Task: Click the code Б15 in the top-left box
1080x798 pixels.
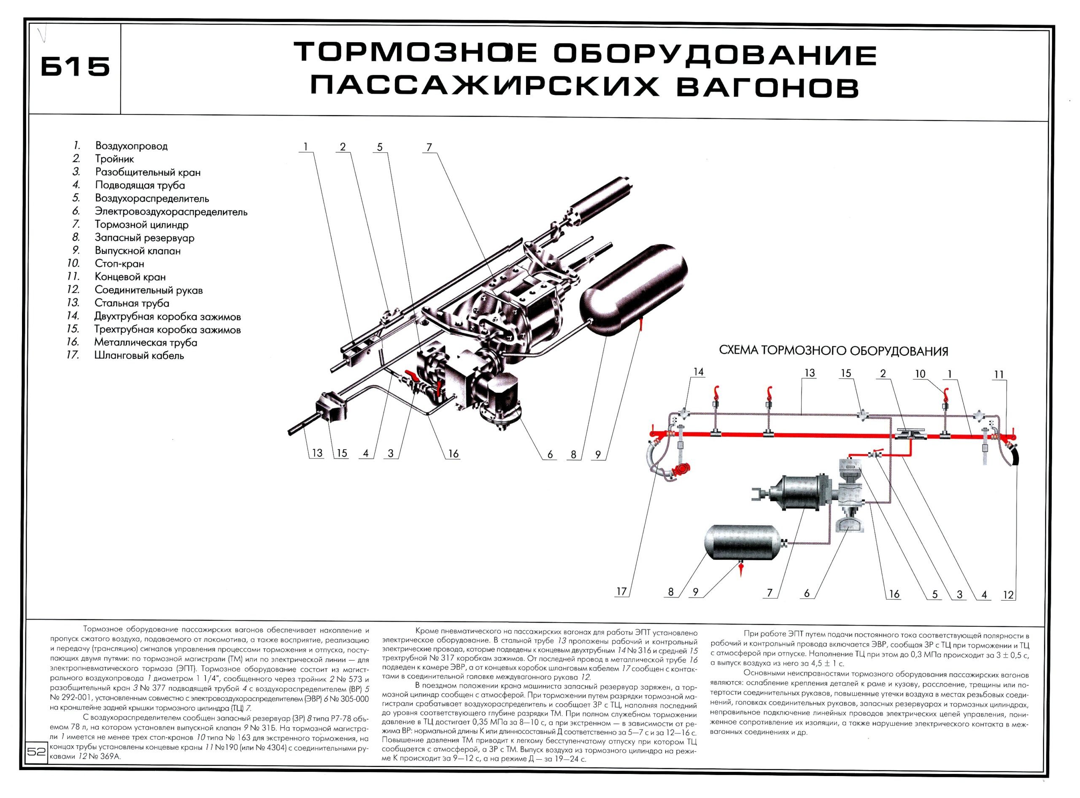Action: pyautogui.click(x=76, y=67)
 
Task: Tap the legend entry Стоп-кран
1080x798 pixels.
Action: pyautogui.click(x=119, y=264)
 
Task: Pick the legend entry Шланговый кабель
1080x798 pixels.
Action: pyautogui.click(x=139, y=356)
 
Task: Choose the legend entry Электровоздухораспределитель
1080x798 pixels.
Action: pyautogui.click(x=170, y=212)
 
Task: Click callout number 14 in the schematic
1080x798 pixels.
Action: pyautogui.click(x=698, y=372)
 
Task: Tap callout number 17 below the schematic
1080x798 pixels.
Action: pyautogui.click(x=621, y=592)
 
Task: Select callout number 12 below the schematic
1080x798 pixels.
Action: pyautogui.click(x=1008, y=595)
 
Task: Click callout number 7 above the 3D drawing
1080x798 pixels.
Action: pyautogui.click(x=429, y=147)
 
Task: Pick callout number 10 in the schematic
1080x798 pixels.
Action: pyautogui.click(x=920, y=374)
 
